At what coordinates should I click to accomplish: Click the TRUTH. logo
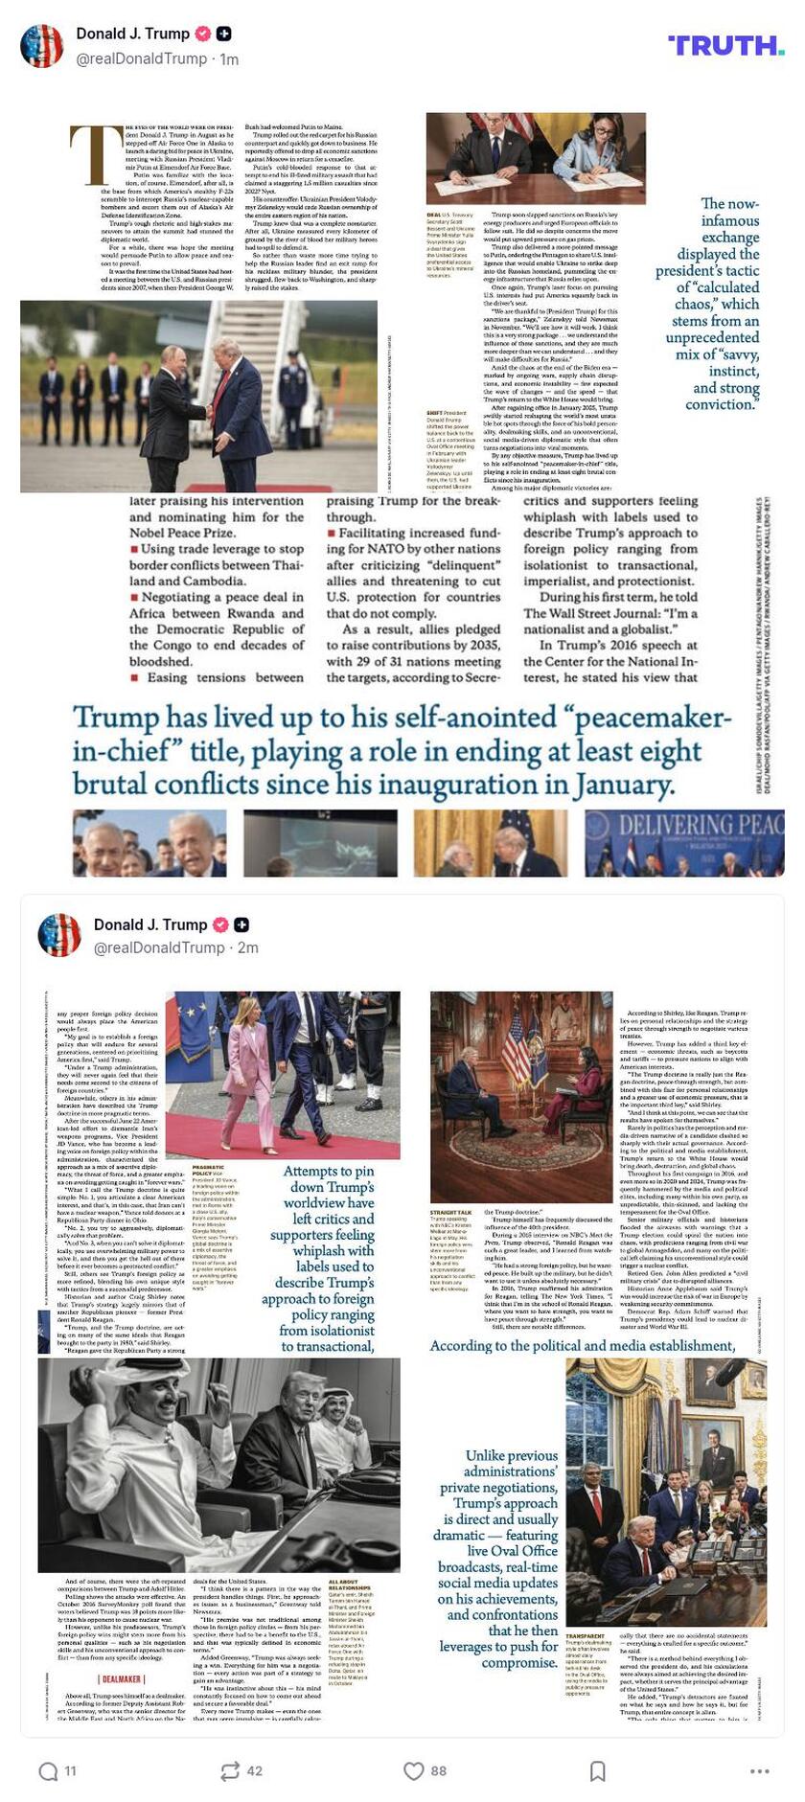tap(725, 45)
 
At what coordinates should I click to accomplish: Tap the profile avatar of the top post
tap(41, 45)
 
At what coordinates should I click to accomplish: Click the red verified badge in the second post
tap(220, 924)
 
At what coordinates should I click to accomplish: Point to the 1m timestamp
tap(229, 59)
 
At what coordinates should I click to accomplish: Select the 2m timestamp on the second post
tap(248, 947)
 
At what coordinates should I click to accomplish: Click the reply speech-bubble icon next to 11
tap(48, 1770)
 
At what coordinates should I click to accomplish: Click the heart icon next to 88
tap(413, 1770)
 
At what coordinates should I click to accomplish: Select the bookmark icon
tap(597, 1770)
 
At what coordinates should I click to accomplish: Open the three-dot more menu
tap(760, 1770)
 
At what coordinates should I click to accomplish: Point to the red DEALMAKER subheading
tap(122, 1678)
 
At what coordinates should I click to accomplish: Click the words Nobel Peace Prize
tap(182, 533)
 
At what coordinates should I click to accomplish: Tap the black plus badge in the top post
tap(223, 34)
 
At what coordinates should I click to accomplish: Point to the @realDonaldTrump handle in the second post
tap(158, 947)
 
